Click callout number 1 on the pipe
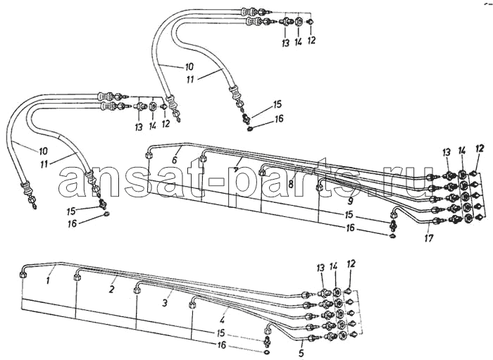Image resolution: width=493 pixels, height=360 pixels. tap(48, 280)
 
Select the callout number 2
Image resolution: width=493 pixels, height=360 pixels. tap(111, 290)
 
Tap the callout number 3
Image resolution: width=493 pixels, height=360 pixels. tap(165, 303)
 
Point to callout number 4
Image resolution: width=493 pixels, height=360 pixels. tap(223, 321)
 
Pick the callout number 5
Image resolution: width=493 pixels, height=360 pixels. tap(301, 353)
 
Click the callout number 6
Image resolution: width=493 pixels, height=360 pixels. tap(175, 160)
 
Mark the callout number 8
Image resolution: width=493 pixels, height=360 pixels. tap(291, 184)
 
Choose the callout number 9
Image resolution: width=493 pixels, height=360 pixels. tap(351, 200)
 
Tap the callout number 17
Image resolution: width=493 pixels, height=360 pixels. tap(428, 238)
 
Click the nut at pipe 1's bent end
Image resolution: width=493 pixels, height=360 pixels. tap(23, 275)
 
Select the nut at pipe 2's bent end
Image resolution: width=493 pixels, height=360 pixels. tap(76, 278)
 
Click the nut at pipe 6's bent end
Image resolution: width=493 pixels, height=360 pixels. tap(149, 155)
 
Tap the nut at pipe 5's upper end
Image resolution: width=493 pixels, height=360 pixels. tap(268, 330)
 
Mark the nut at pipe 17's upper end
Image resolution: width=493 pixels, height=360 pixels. tap(394, 216)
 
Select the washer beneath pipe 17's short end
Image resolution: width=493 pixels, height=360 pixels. tap(393, 236)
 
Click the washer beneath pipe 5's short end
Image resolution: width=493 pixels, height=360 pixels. tap(267, 352)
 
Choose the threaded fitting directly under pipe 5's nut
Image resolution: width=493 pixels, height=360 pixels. tap(268, 341)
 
